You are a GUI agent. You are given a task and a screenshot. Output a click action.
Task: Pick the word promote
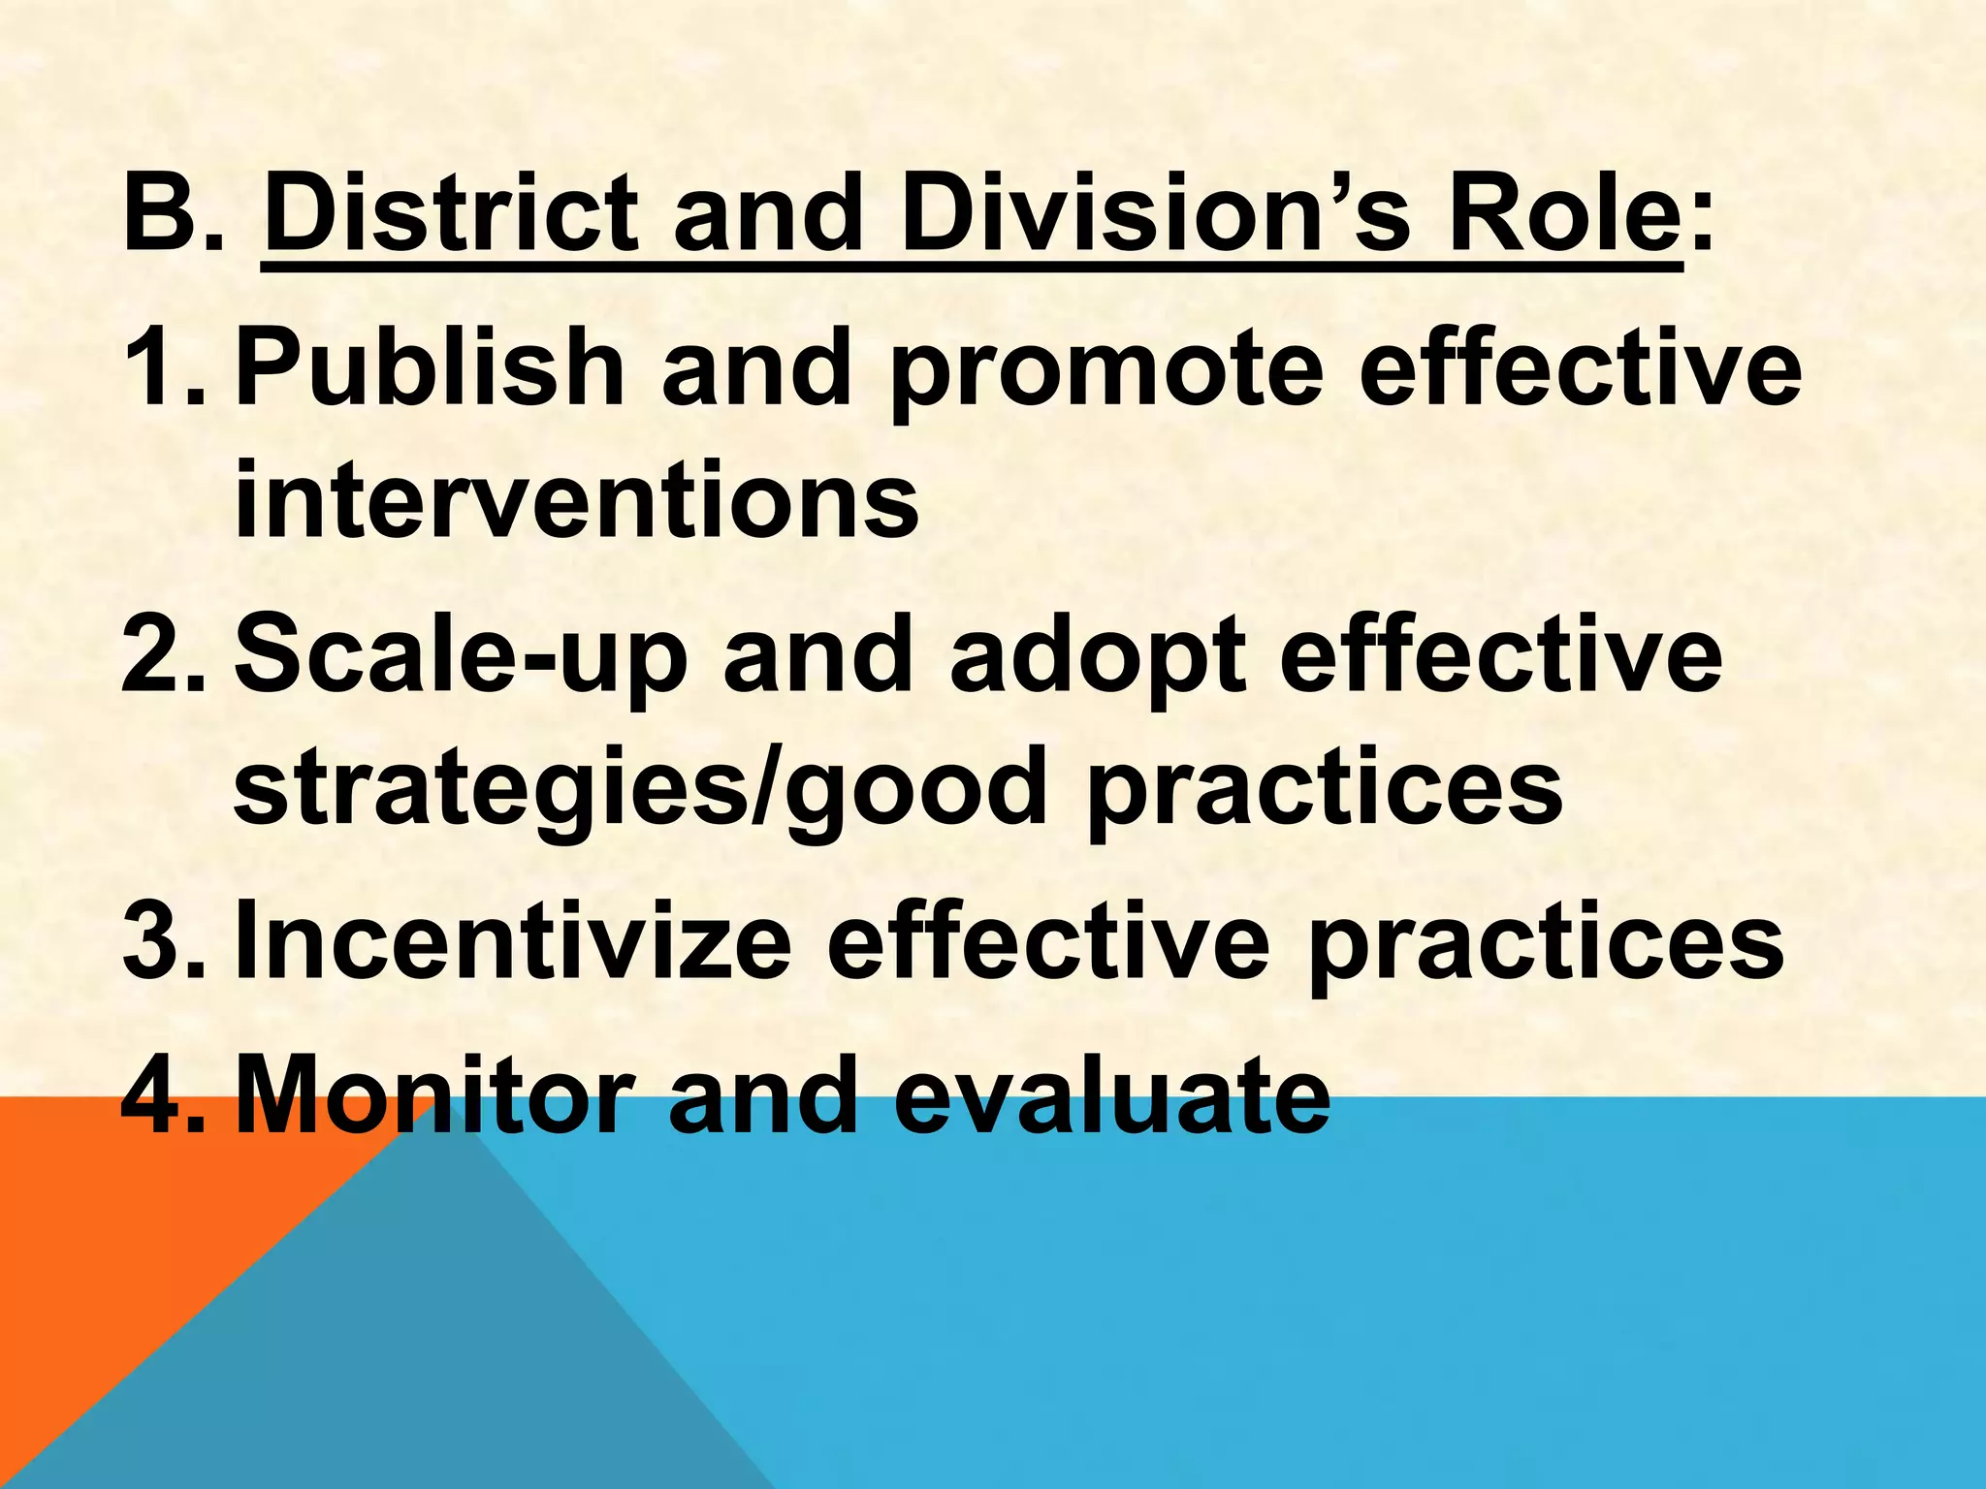(1106, 373)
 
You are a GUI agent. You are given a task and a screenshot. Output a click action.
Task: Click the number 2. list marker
(164, 654)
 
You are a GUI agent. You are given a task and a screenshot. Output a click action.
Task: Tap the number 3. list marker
(164, 939)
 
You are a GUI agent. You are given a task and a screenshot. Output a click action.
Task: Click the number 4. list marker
(164, 1094)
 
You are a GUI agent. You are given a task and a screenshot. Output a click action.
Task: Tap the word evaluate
(1111, 1094)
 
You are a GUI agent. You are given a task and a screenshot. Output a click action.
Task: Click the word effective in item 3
(1048, 939)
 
